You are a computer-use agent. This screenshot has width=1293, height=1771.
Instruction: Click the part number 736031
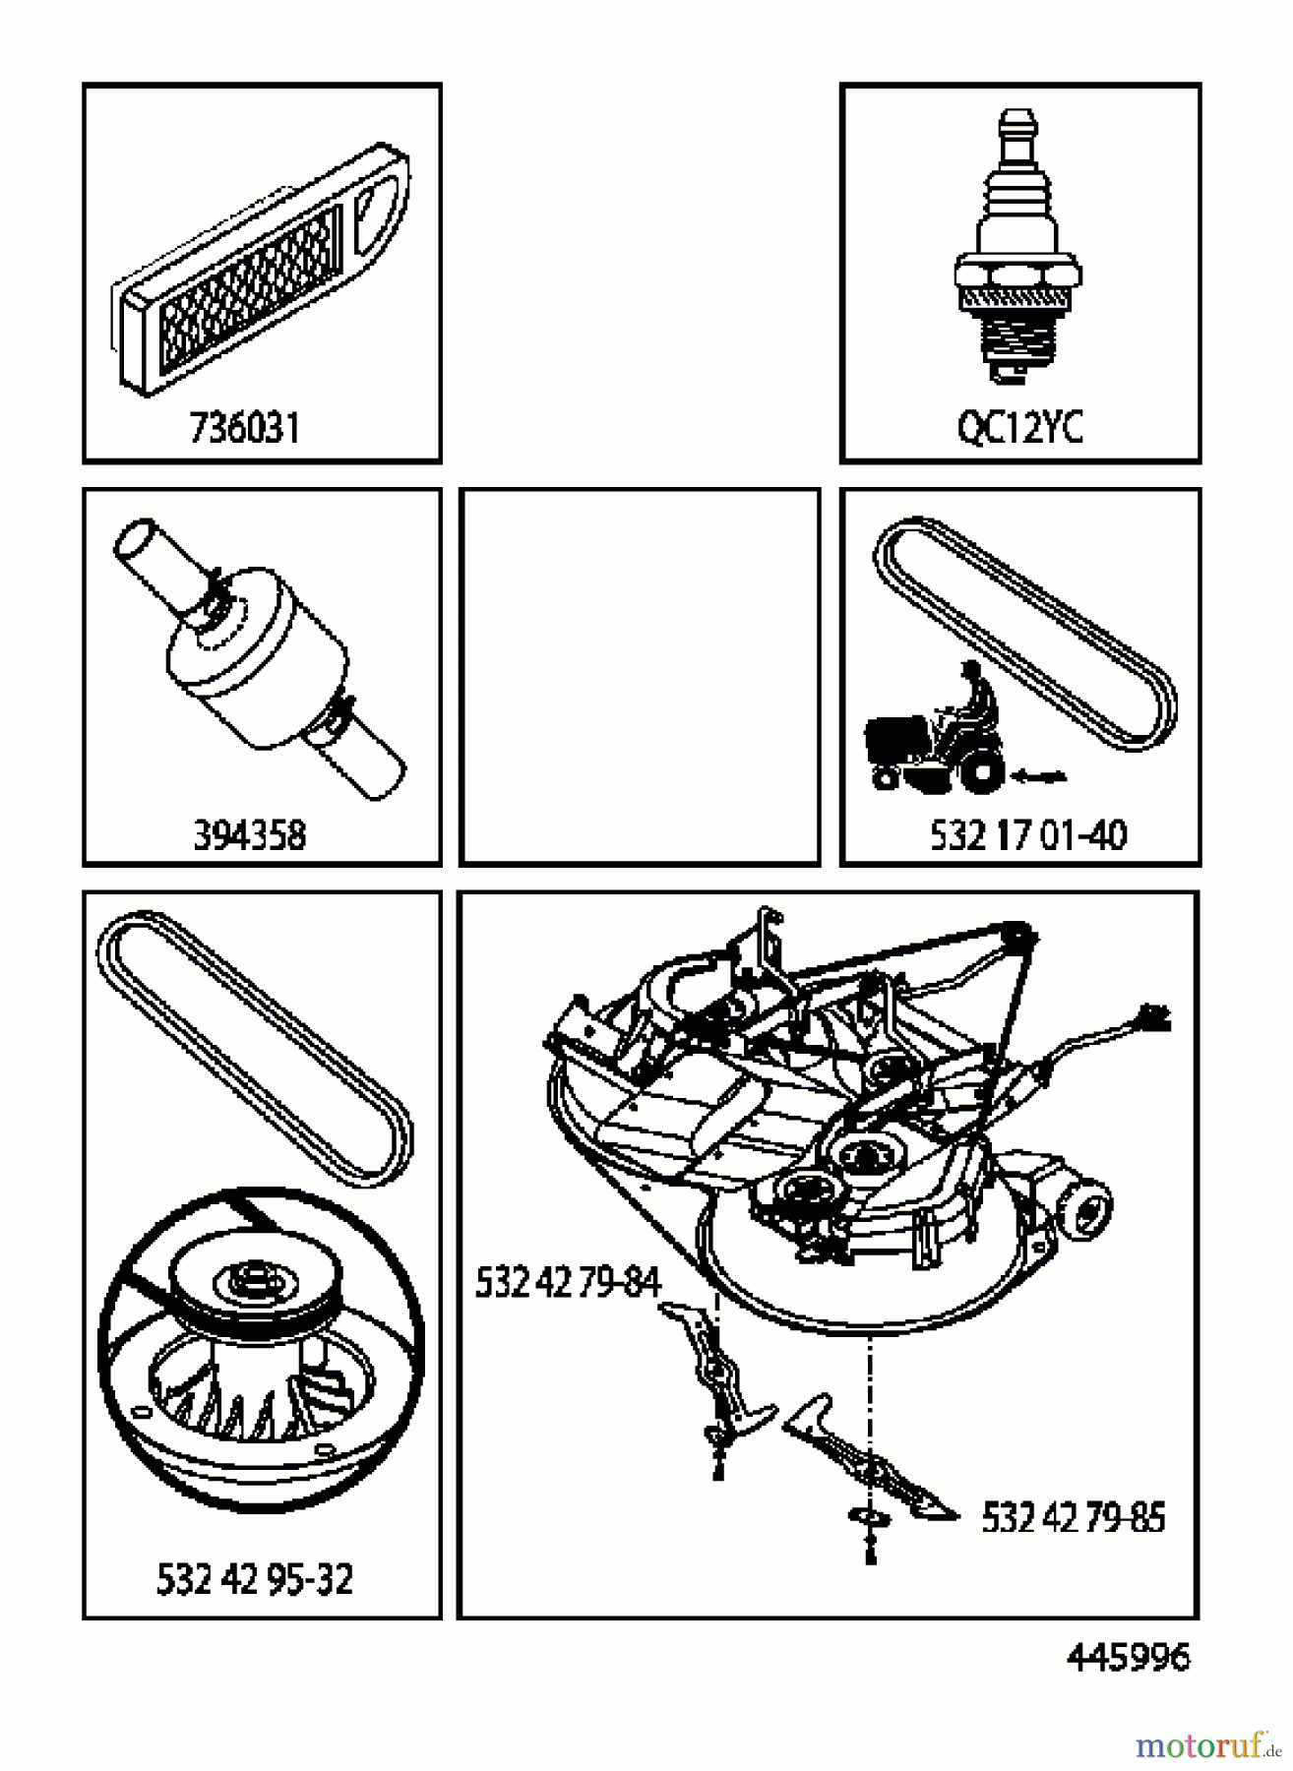click(x=244, y=429)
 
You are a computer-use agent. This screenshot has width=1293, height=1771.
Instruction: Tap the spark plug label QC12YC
click(x=1019, y=429)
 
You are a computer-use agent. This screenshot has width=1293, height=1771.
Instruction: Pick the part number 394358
click(x=249, y=835)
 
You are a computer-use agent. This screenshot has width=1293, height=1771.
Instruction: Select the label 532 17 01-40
click(x=1028, y=835)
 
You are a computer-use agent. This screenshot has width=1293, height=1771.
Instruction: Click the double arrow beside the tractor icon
click(x=1039, y=777)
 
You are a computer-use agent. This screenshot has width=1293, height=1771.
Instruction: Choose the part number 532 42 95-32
click(x=254, y=1579)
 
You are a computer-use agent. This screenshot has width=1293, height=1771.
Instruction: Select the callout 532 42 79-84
click(x=567, y=1282)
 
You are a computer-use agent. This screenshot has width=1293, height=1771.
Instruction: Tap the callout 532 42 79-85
click(x=1073, y=1518)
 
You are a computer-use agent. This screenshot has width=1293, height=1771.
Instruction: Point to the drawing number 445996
click(x=1128, y=1658)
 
